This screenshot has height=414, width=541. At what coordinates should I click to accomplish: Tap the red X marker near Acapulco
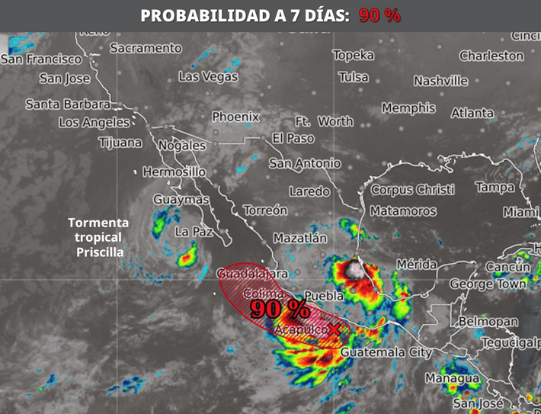pyautogui.click(x=335, y=329)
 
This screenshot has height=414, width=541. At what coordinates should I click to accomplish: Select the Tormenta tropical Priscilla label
pyautogui.click(x=98, y=236)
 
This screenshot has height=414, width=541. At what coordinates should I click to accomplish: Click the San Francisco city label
pyautogui.click(x=40, y=59)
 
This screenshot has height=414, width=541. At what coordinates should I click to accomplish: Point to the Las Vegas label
pyautogui.click(x=208, y=76)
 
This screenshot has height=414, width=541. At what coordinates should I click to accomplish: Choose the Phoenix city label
pyautogui.click(x=235, y=117)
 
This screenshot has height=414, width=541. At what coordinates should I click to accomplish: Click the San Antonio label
pyautogui.click(x=305, y=163)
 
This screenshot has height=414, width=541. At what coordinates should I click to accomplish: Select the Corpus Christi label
pyautogui.click(x=412, y=189)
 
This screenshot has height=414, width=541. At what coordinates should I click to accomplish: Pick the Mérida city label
pyautogui.click(x=416, y=265)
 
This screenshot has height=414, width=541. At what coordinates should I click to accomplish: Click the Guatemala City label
pyautogui.click(x=386, y=352)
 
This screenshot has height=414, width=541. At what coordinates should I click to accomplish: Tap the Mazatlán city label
pyautogui.click(x=299, y=238)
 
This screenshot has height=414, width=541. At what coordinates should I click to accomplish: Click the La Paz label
pyautogui.click(x=192, y=231)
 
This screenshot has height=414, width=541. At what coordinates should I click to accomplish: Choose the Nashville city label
pyautogui.click(x=441, y=81)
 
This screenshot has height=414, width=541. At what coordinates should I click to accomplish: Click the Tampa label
pyautogui.click(x=495, y=187)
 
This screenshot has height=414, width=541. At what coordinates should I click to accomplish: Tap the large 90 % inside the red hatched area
pyautogui.click(x=280, y=309)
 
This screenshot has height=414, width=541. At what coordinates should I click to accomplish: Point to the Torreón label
pyautogui.click(x=265, y=210)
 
